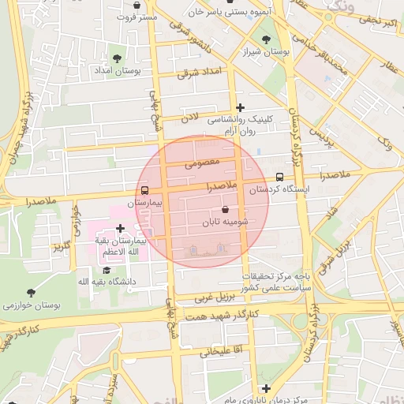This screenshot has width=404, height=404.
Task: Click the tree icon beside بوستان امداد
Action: point(118,58)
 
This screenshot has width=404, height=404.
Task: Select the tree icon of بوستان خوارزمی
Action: point(31,293)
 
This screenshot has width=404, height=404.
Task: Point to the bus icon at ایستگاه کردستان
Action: point(280,178)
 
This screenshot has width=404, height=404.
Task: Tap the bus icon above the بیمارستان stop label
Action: point(144,190)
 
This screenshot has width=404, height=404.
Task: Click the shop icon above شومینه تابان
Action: point(226,210)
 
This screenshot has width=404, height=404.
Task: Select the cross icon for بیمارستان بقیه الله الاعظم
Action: point(120,228)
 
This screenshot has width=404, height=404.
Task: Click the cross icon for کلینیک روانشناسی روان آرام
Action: point(240,107)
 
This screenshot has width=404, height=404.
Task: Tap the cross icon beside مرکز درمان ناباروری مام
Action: point(267,388)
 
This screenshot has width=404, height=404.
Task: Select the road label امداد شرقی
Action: point(197,73)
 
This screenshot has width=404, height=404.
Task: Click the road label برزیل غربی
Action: point(216,297)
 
